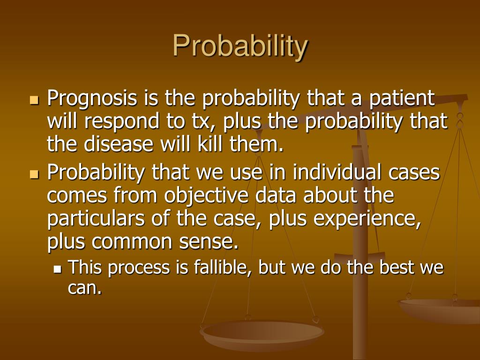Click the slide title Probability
coord(240,46)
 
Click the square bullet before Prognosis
coord(34,100)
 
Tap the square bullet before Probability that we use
coord(34,174)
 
